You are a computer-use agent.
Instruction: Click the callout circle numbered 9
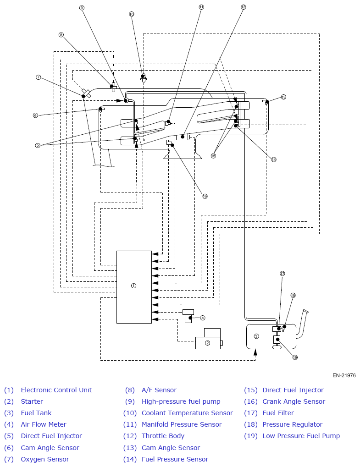[82, 8]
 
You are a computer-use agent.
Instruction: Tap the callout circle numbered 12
[243, 7]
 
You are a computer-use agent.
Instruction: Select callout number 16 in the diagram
[205, 196]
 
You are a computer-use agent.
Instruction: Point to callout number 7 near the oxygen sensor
[38, 77]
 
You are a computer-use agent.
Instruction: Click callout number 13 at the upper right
[283, 97]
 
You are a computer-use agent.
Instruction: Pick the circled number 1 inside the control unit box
[133, 286]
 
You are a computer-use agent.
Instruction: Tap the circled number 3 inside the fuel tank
[256, 336]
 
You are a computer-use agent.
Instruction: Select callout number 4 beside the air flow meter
[203, 318]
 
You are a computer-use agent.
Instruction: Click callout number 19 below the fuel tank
[295, 357]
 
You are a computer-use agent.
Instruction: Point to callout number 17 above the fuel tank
[282, 274]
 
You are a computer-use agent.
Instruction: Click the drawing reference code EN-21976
[344, 375]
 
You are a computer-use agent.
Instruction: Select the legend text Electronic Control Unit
[56, 390]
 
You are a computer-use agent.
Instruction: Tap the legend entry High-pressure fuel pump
[181, 401]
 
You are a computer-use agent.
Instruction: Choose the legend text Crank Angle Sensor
[294, 401]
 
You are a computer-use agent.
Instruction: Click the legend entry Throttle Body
[163, 436]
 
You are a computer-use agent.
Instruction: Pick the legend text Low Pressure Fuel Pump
[301, 436]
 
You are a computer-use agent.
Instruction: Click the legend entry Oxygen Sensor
[44, 459]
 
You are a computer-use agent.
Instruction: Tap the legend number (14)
[130, 459]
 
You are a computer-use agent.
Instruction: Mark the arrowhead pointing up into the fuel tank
[255, 352]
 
